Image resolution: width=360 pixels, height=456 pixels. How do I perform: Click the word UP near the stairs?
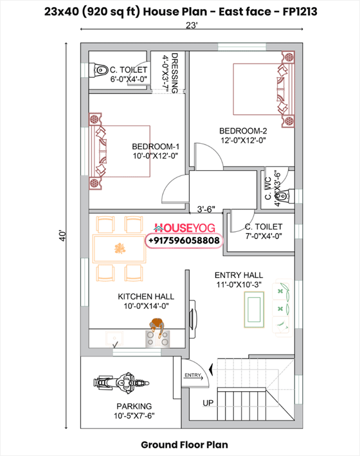pyautogui.click(x=208, y=403)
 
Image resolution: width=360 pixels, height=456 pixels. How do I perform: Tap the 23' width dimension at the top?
pyautogui.click(x=192, y=26)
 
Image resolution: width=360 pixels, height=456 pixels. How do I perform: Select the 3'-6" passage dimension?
pyautogui.click(x=206, y=209)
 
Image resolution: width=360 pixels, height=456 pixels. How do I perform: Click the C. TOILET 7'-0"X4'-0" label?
pyautogui.click(x=263, y=232)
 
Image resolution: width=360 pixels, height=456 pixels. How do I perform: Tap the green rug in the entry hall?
pyautogui.click(x=255, y=309)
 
